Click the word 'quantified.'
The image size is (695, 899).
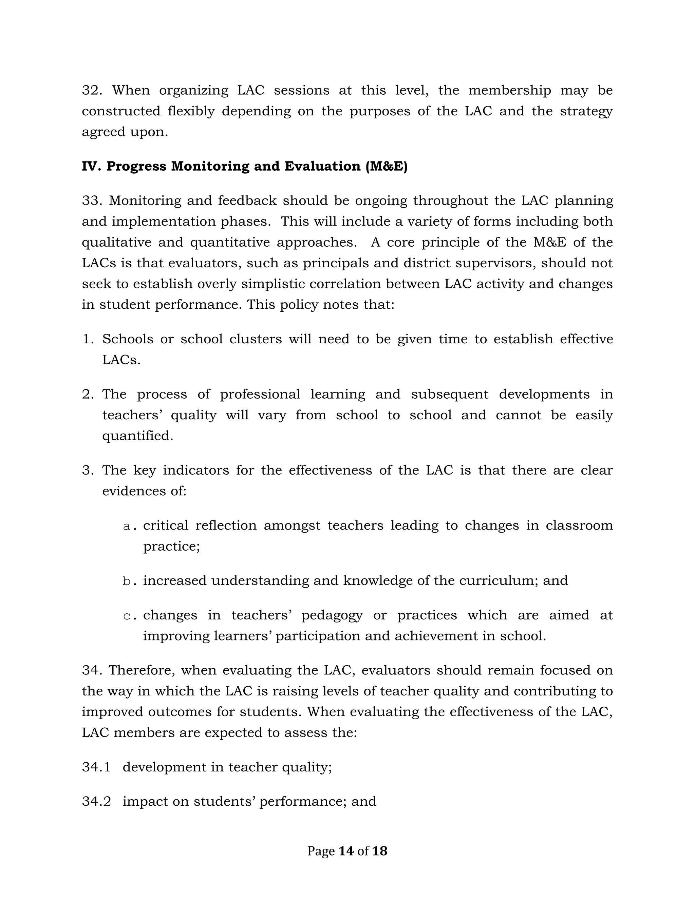(137, 436)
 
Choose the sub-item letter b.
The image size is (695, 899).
(130, 581)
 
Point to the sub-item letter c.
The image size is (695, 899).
(130, 616)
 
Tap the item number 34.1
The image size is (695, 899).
(96, 767)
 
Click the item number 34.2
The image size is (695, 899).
(96, 801)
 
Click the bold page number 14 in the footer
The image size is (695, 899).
(346, 851)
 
